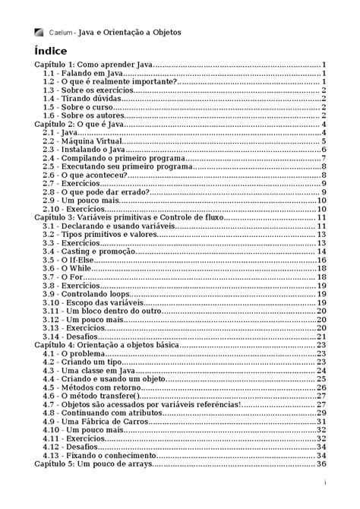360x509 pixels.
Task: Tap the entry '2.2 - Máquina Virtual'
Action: [x=81, y=141]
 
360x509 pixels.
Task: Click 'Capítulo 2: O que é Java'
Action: [x=80, y=124]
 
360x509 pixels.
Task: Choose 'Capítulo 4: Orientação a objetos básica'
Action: [x=106, y=345]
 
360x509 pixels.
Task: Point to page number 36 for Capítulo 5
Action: [x=321, y=464]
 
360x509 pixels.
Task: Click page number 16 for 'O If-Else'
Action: [x=321, y=260]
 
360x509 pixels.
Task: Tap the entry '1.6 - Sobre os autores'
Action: [x=80, y=115]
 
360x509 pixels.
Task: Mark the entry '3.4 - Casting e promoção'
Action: [x=87, y=251]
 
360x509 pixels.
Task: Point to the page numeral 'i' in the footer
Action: [x=325, y=482]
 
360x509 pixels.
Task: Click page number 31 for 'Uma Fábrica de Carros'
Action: [x=321, y=422]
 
